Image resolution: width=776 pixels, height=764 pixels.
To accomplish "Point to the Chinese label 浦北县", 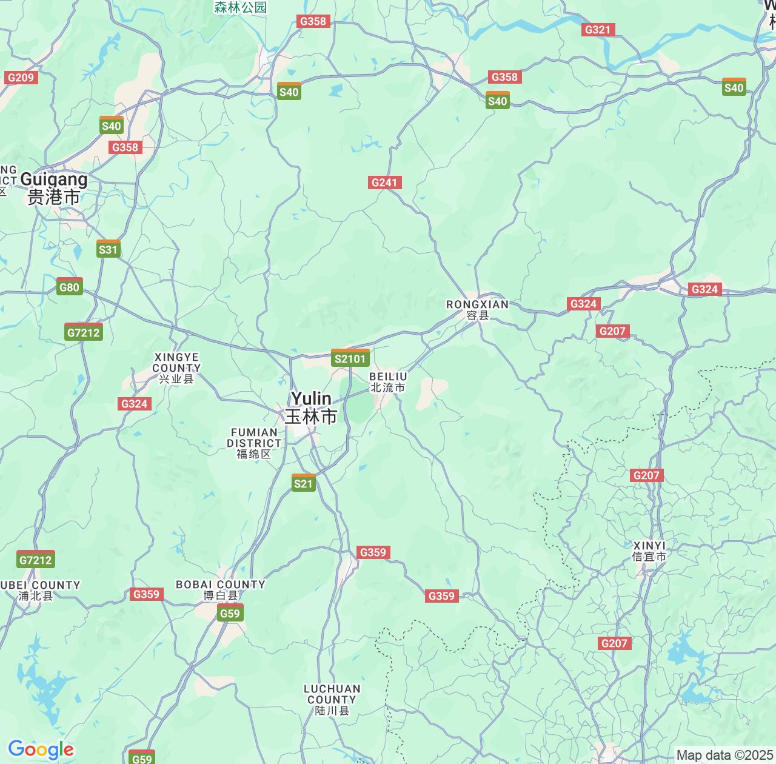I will click(x=36, y=596).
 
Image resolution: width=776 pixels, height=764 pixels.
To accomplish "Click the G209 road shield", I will click(x=21, y=78).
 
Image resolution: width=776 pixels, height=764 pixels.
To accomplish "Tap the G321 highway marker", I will click(x=598, y=30).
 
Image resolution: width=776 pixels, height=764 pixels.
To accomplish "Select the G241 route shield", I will click(x=384, y=183).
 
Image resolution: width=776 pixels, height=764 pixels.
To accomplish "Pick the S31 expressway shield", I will click(x=109, y=249).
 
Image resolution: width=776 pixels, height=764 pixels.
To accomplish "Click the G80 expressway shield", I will click(x=70, y=287).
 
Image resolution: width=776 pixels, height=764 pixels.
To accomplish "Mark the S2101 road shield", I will click(x=350, y=358).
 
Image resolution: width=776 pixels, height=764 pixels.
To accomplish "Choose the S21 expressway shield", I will click(x=304, y=483).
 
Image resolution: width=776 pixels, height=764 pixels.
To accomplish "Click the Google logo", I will click(x=41, y=750).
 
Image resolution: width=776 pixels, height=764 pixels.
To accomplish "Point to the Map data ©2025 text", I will click(x=724, y=756).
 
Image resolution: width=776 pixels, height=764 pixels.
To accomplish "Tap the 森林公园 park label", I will click(x=241, y=7).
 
